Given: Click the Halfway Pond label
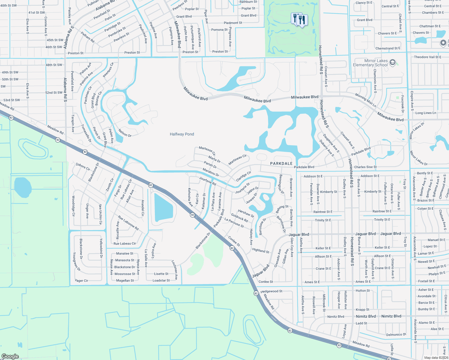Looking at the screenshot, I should coord(182,134).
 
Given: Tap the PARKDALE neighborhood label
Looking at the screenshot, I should coord(281,163).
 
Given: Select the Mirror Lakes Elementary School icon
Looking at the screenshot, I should coord(392,63).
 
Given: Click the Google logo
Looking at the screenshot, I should coord(10,356).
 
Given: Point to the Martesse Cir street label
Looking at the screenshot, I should coord(207,151).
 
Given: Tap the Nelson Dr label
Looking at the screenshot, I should coord(125,133).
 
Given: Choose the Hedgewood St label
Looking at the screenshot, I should coord(271,291).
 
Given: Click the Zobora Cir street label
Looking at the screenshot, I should coord(83,167).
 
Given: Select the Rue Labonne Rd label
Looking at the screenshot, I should coord(128,223).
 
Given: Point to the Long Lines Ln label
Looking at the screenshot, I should coord(426,113).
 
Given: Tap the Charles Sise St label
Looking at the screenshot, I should coord(365,167).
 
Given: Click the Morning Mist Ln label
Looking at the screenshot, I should coord(366,100).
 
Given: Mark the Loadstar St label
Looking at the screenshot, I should coord(161,280).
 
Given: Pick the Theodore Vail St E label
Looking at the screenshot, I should coord(427,57).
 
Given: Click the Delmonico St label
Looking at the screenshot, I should coord(396,334).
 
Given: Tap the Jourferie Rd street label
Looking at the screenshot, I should coord(207,181).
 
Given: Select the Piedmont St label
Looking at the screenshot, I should coord(233,23).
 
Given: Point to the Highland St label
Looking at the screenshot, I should coord(261,250).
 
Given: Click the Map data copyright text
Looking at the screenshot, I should coord(436,358).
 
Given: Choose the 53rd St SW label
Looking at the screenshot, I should coord(12,100).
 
